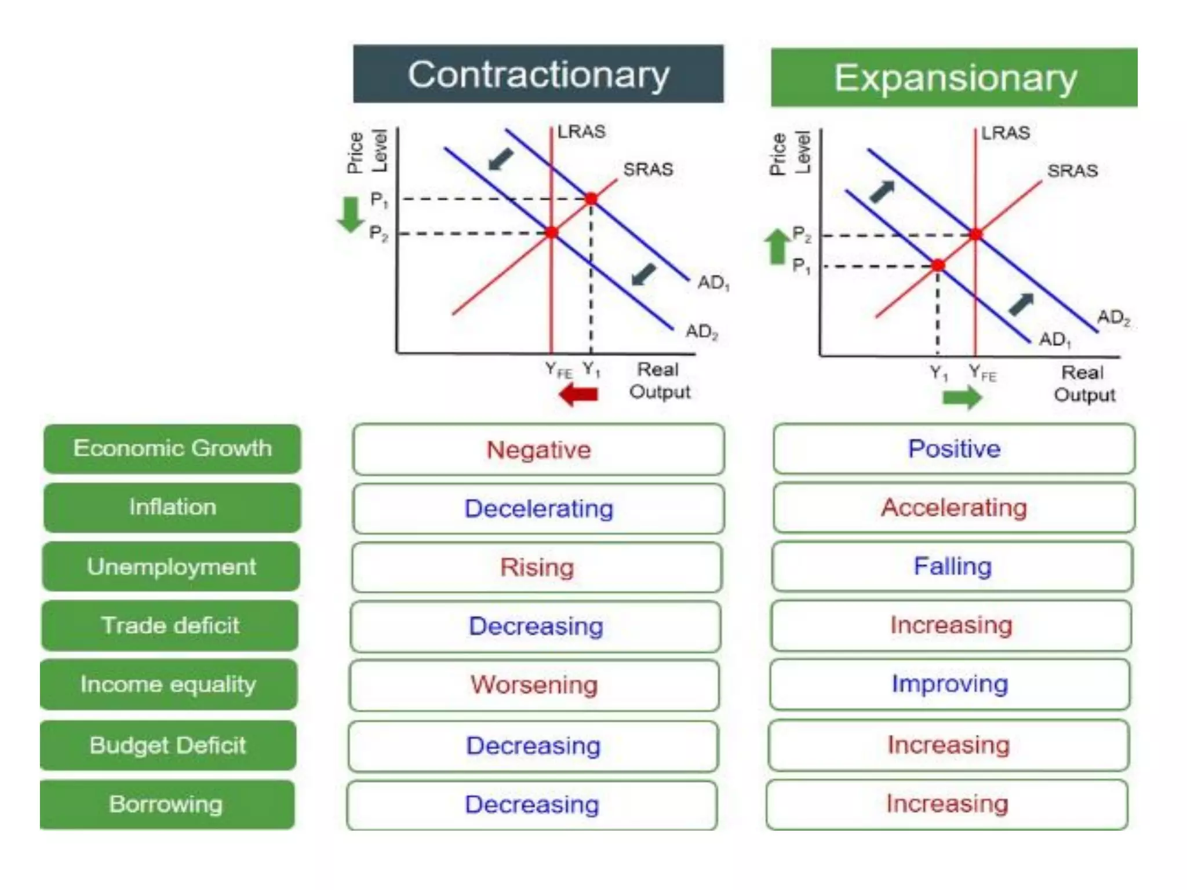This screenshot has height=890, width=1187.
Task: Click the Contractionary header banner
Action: pyautogui.click(x=538, y=74)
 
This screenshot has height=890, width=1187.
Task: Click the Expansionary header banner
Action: pyautogui.click(x=954, y=78)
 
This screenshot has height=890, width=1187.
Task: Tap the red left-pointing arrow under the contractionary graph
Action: pyautogui.click(x=578, y=395)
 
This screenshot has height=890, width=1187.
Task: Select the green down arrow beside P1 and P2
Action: pyautogui.click(x=350, y=214)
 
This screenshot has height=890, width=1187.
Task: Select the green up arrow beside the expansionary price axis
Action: pyautogui.click(x=777, y=246)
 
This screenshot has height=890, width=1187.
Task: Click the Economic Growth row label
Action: pyautogui.click(x=172, y=448)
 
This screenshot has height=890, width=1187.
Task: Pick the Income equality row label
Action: pyautogui.click(x=168, y=684)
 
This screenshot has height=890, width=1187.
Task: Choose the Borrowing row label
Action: pyautogui.click(x=166, y=804)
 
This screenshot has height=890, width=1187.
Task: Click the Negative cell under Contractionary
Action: pyautogui.click(x=538, y=450)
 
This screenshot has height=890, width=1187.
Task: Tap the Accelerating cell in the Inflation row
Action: pyautogui.click(x=954, y=508)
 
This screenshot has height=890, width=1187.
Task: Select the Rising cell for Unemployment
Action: pyautogui.click(x=537, y=567)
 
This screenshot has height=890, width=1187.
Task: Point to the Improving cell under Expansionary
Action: pyautogui.click(x=950, y=684)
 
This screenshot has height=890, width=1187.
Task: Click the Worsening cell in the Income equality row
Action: pyautogui.click(x=534, y=685)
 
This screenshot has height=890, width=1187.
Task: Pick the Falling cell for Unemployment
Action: pyautogui.click(x=953, y=566)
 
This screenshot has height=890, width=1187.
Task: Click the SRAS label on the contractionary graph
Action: pyautogui.click(x=648, y=169)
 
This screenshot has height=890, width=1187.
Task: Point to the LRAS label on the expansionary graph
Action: pyautogui.click(x=1006, y=133)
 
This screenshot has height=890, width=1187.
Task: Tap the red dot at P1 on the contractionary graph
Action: pyautogui.click(x=591, y=199)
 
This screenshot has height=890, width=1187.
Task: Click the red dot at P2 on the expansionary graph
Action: pyautogui.click(x=976, y=235)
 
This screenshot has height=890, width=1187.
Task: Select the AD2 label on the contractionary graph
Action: pyautogui.click(x=702, y=332)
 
